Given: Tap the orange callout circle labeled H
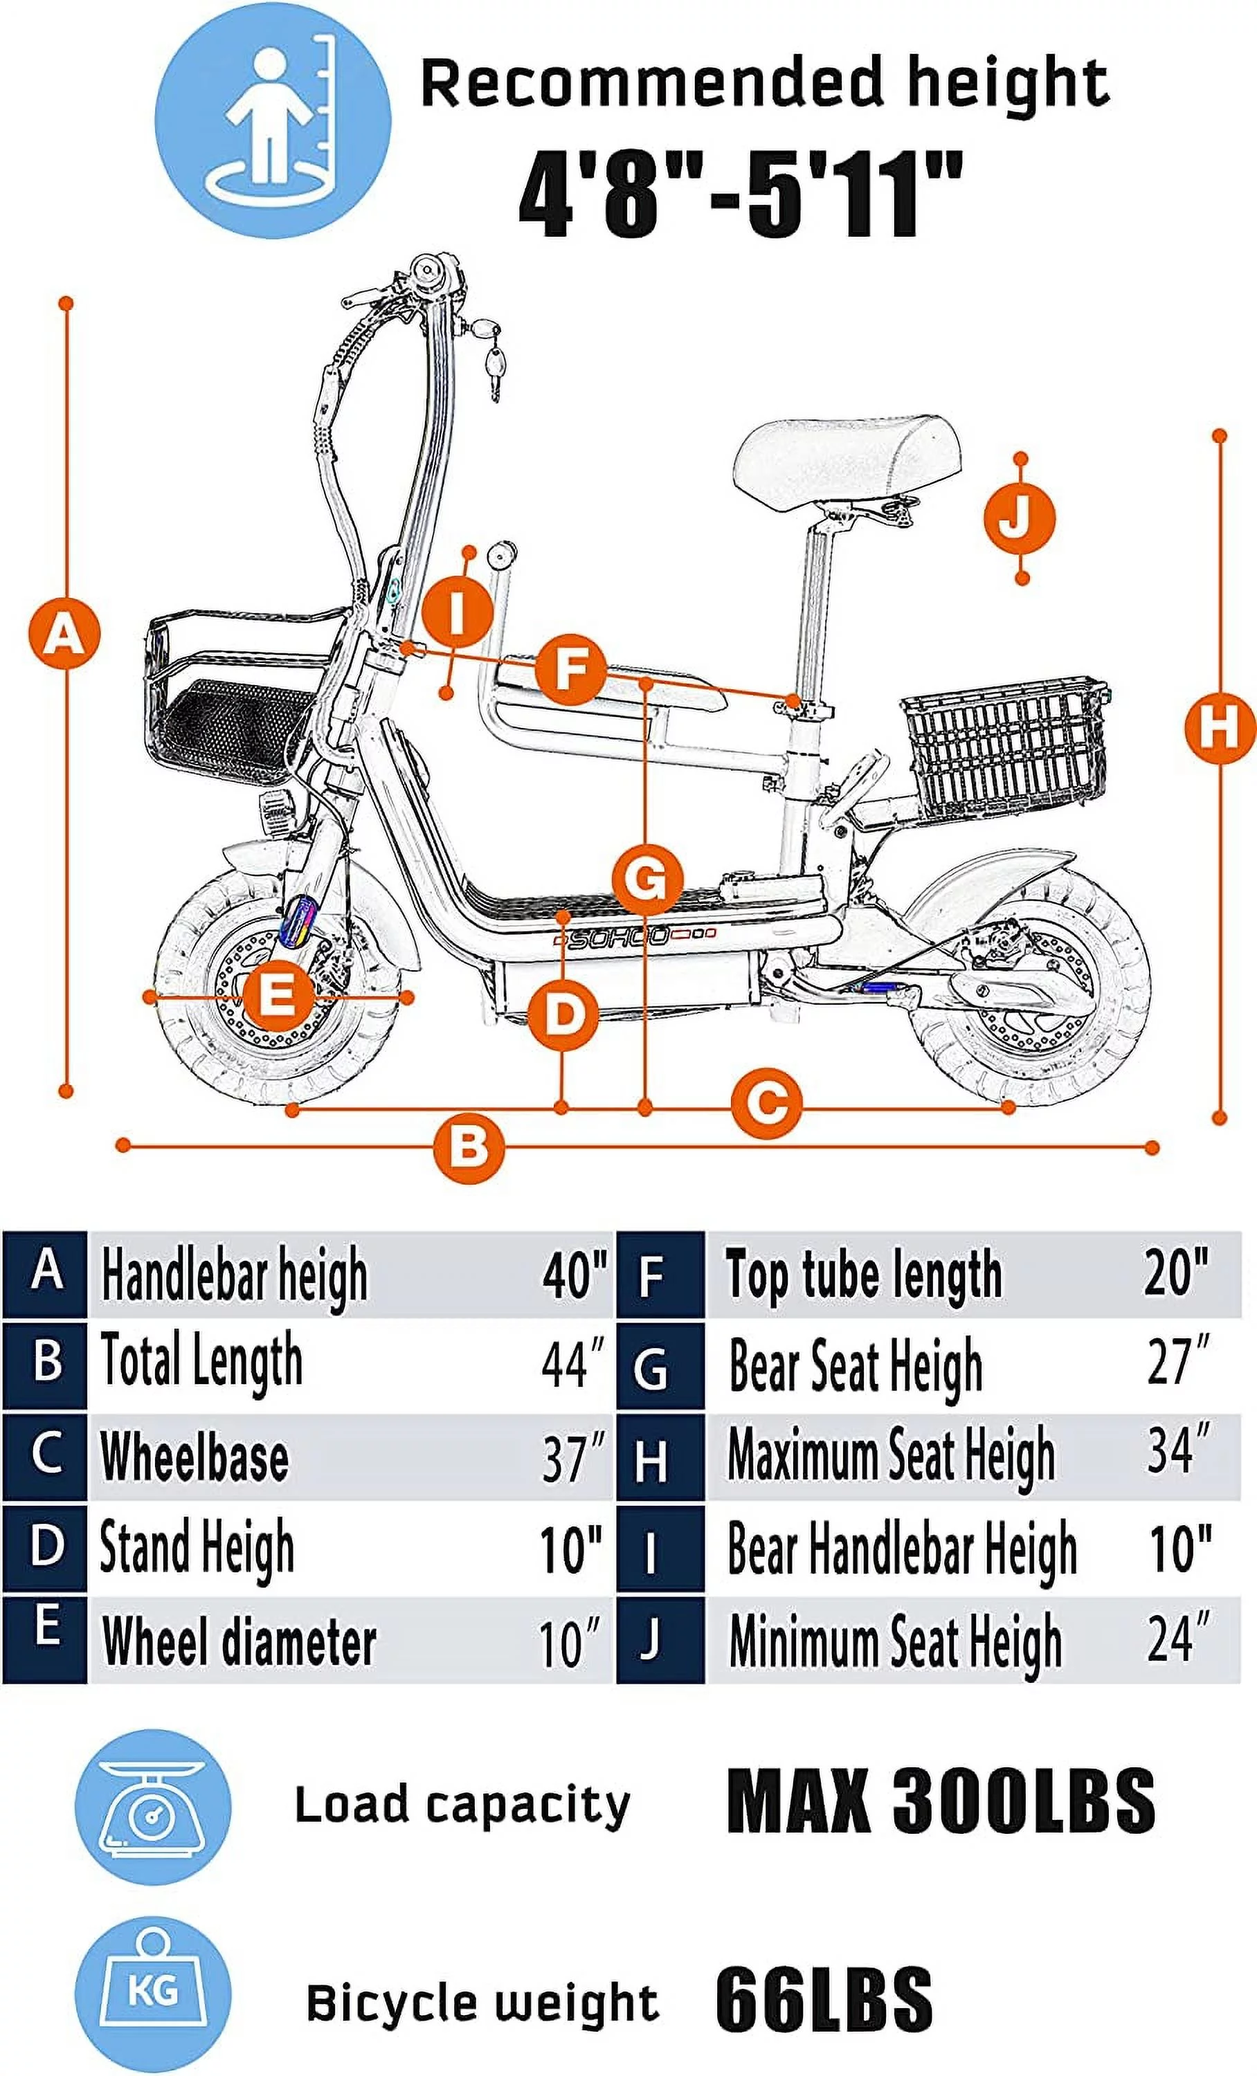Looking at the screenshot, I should pyautogui.click(x=1218, y=728).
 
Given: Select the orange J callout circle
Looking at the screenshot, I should pyautogui.click(x=1020, y=518).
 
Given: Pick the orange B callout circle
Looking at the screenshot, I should pyautogui.click(x=469, y=1147).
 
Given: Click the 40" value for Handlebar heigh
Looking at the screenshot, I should pyautogui.click(x=573, y=1275).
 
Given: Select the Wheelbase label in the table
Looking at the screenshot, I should pyautogui.click(x=195, y=1457).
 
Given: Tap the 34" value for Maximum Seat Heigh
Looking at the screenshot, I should pyautogui.click(x=1178, y=1451).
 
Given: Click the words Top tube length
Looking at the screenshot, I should pyautogui.click(x=865, y=1275).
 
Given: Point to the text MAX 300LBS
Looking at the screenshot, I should pyautogui.click(x=939, y=1801).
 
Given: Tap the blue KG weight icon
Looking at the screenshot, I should pyautogui.click(x=152, y=1994).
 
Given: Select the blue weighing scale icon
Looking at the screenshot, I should pyautogui.click(x=152, y=1808).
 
